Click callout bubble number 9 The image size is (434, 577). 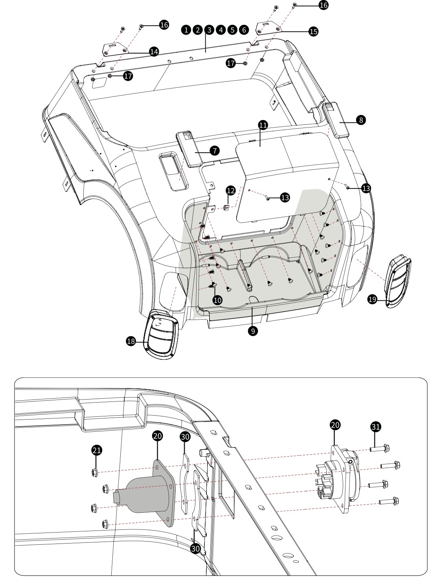pos(254,331)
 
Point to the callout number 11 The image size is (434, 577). pos(263,125)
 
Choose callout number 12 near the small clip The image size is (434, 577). pos(231,190)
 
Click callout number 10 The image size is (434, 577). pos(217,300)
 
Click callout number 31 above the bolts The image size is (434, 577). pos(376,426)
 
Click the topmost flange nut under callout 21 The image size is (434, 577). pos(94,472)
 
